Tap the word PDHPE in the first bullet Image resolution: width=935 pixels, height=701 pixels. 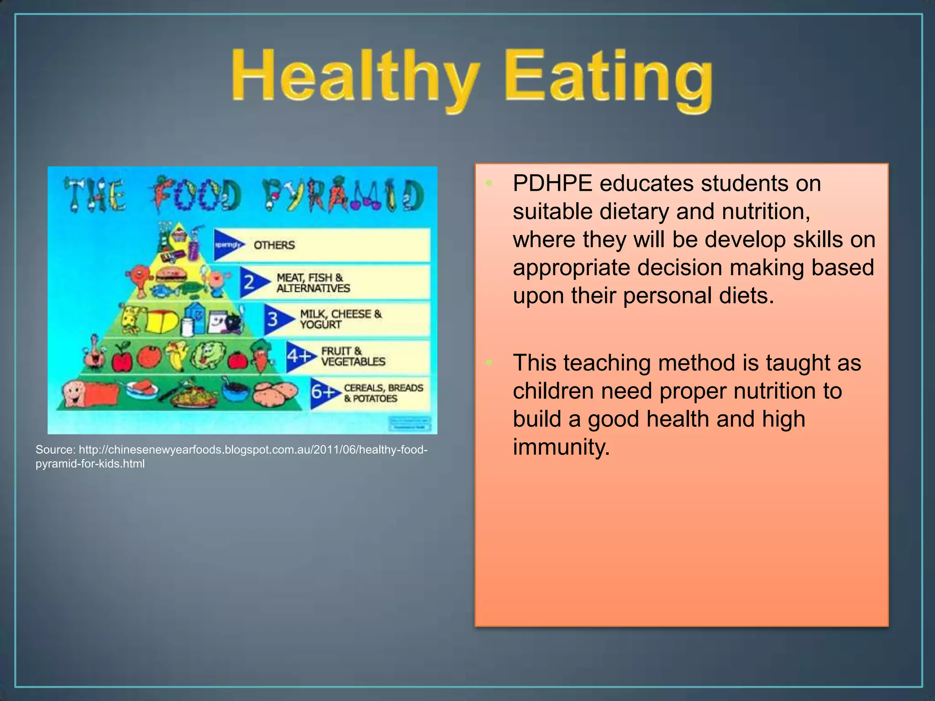click(552, 183)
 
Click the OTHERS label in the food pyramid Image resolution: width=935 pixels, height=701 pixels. click(274, 246)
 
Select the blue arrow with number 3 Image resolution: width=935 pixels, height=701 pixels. click(276, 319)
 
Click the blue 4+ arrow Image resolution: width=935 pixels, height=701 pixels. click(299, 356)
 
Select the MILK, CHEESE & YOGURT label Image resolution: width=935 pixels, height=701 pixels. click(340, 319)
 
